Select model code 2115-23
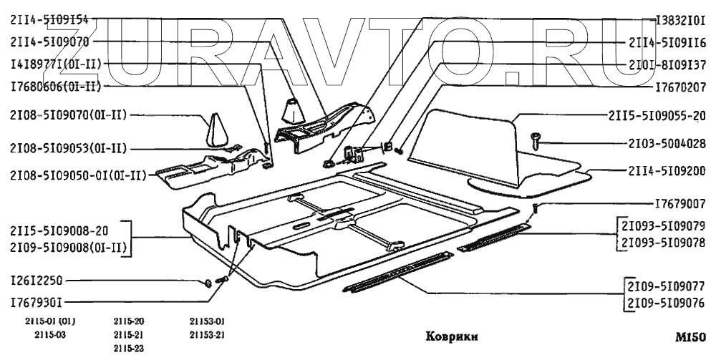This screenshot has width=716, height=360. tap(129, 348)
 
